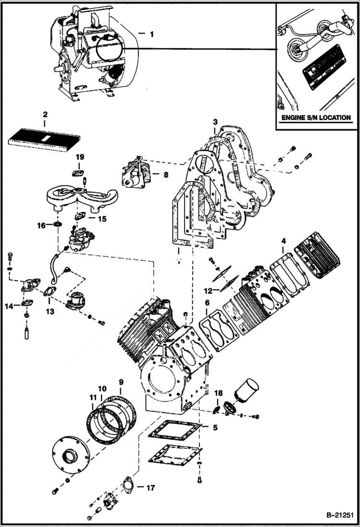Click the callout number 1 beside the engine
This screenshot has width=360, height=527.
coord(152,34)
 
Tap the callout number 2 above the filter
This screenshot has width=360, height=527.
coord(45,115)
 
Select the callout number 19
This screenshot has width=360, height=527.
coord(79,158)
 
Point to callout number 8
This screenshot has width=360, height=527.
coord(166,175)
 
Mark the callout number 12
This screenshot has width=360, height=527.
coord(208,291)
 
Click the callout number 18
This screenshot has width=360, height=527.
coord(219,393)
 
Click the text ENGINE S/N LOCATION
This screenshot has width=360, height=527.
coord(315,118)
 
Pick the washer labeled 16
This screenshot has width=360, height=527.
coord(57,225)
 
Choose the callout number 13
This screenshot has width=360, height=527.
coord(50,311)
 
